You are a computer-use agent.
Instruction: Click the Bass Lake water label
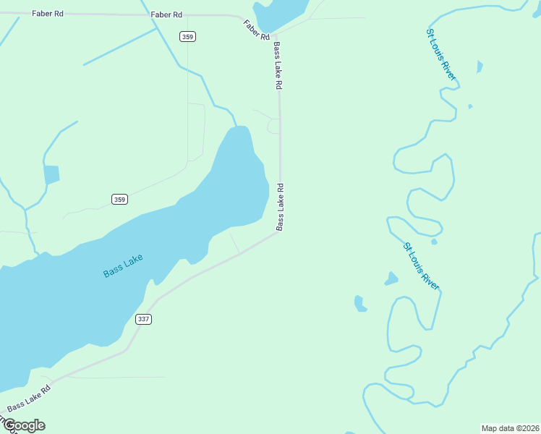pos(123,265)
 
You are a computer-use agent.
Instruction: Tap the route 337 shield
pos(143,319)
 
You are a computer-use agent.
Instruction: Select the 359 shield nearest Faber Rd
pos(187,37)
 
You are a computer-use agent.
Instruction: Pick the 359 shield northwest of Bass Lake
pos(120,199)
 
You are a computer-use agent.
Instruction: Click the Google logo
pos(23,425)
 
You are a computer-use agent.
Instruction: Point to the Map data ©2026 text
pos(510,428)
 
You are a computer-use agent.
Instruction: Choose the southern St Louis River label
pos(421,266)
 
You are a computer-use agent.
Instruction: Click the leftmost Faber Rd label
pos(47,13)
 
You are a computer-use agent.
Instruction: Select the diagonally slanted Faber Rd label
pos(257,30)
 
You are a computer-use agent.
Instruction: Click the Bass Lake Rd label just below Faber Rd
pos(278,65)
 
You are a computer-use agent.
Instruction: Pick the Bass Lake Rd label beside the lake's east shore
pos(280,207)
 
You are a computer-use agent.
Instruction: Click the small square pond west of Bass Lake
pos(51,174)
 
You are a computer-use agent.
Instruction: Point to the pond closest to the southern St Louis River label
pos(391,278)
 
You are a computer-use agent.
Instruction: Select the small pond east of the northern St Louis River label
pos(479,67)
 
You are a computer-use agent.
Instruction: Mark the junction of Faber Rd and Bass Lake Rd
pos(276,34)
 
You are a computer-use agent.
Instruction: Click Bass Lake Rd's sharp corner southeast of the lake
pos(281,231)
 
